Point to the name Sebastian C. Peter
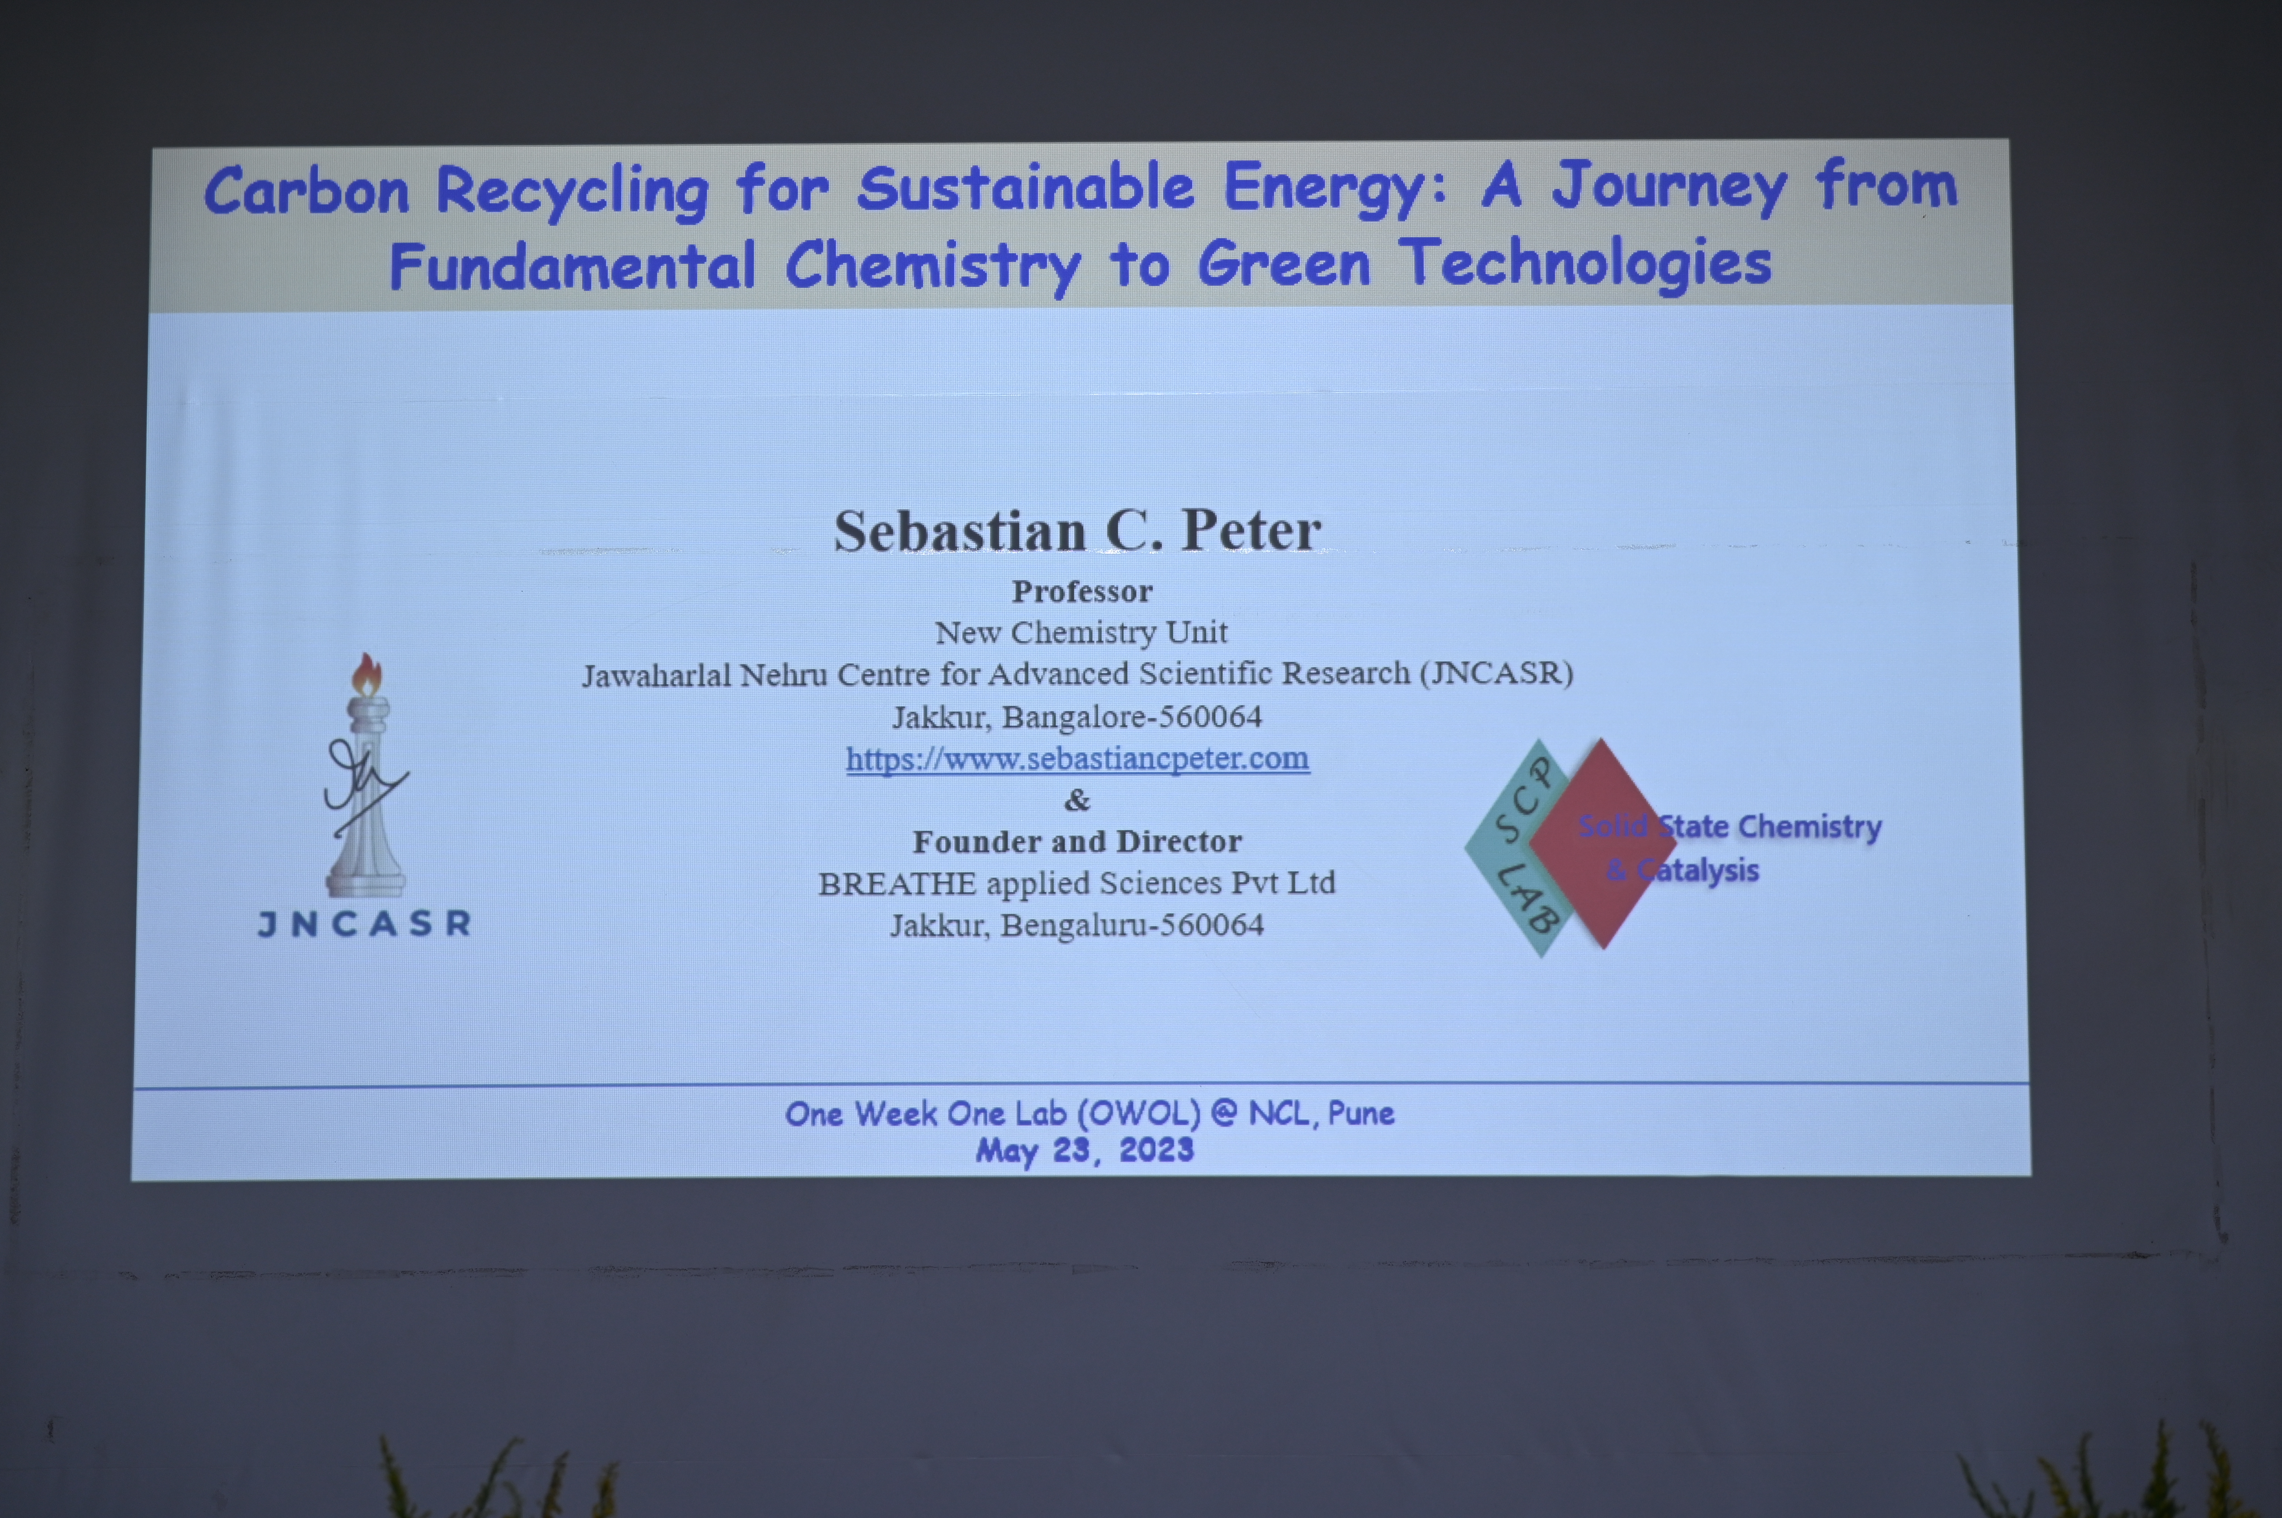pyautogui.click(x=1078, y=530)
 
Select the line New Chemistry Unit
pyautogui.click(x=1081, y=632)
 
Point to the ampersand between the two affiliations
pyautogui.click(x=1076, y=800)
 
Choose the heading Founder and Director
pyautogui.click(x=1076, y=841)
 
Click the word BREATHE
pyautogui.click(x=896, y=884)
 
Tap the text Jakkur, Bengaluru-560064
pyautogui.click(x=1076, y=925)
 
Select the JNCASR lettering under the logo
pyautogui.click(x=364, y=923)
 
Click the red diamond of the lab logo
pyautogui.click(x=1602, y=843)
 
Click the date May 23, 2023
pyautogui.click(x=1084, y=1150)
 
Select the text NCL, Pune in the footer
pyautogui.click(x=1321, y=1113)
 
